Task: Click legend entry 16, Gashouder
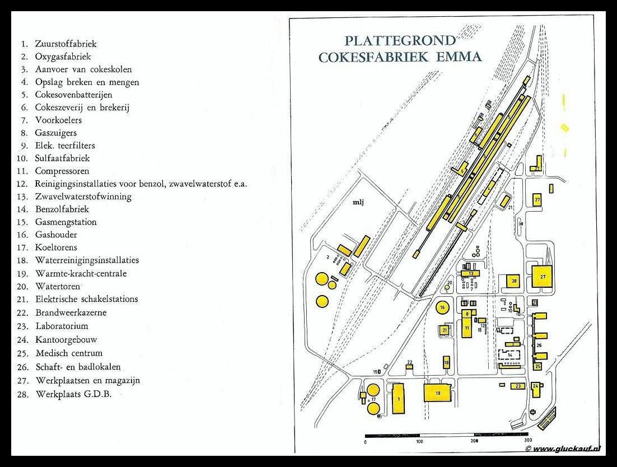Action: click(x=55, y=235)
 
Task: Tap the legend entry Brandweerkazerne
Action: click(x=70, y=312)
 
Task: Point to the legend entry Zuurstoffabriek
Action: click(x=66, y=43)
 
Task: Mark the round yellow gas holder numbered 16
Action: click(x=443, y=307)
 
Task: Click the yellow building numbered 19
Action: click(x=438, y=393)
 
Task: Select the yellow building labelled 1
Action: click(x=399, y=399)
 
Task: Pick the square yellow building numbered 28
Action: click(x=514, y=281)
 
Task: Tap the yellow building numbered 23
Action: click(x=518, y=386)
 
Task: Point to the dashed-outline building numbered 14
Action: click(x=510, y=355)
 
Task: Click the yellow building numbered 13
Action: click(x=471, y=274)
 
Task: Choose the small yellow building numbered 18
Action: click(x=446, y=362)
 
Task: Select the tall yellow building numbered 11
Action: click(x=466, y=327)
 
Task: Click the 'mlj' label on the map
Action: click(x=358, y=203)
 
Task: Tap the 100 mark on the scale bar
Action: click(x=419, y=441)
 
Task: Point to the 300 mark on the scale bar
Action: click(x=527, y=441)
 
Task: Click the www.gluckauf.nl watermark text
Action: click(x=565, y=449)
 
